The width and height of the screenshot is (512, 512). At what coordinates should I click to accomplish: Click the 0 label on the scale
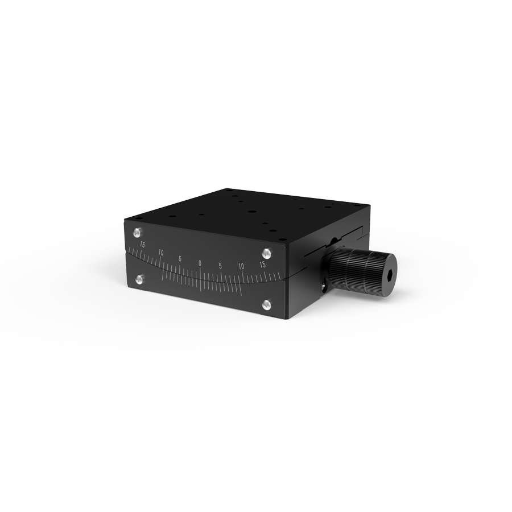coord(200,263)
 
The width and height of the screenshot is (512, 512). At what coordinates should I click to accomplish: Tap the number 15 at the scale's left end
coord(142,245)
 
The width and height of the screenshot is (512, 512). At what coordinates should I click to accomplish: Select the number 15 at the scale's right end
coord(262,265)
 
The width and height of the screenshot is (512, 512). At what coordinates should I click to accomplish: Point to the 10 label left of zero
coord(160,253)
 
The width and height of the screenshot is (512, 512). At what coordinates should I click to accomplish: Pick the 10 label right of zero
coord(241,266)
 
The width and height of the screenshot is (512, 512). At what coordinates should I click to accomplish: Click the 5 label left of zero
coord(180,259)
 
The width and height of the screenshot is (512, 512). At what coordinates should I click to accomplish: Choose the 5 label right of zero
coord(220,266)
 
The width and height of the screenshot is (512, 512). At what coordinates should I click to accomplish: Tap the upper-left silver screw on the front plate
coord(137,233)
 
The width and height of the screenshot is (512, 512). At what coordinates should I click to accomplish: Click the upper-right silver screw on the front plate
coord(267,253)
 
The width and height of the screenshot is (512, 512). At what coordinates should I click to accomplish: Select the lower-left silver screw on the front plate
coord(139,279)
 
